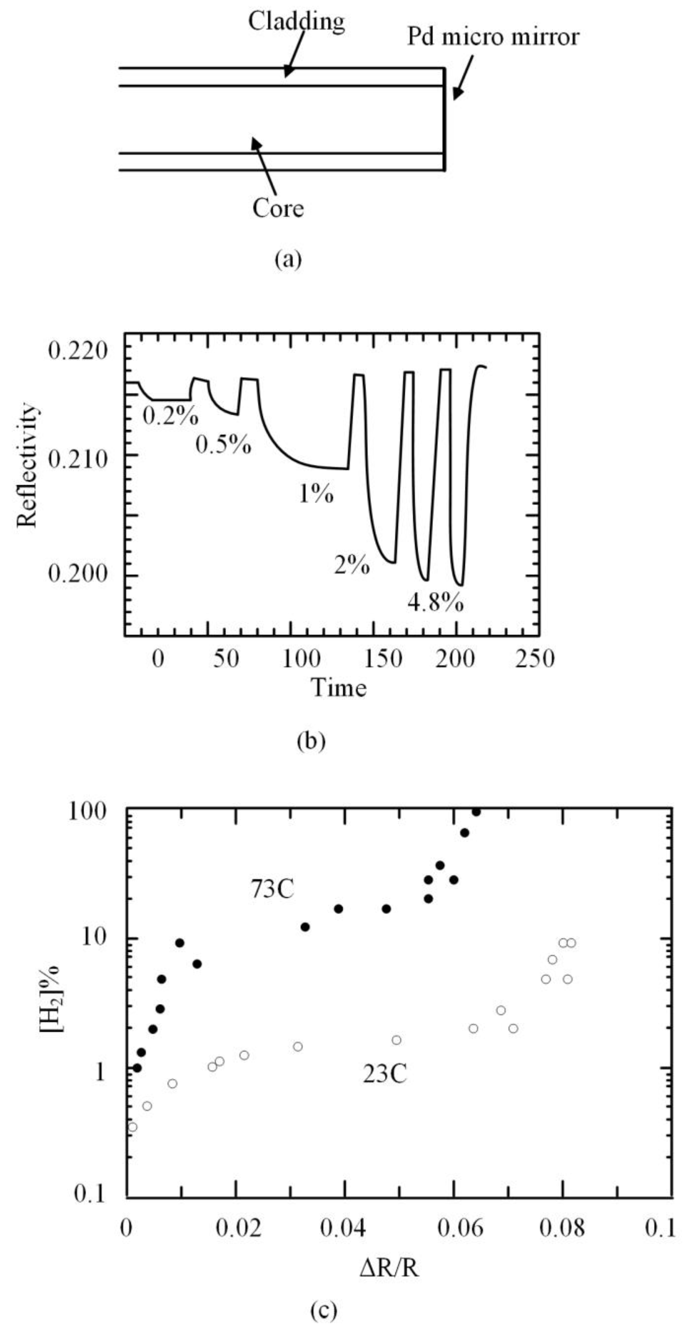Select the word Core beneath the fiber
pos(278,208)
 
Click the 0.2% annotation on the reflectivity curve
pos(170,416)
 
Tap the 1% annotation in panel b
pos(316,494)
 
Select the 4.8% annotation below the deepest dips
pos(435,602)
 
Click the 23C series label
pos(385,1075)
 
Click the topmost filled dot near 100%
pos(476,812)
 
